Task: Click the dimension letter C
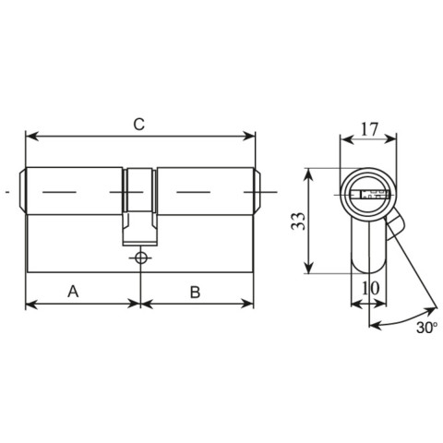[139, 124]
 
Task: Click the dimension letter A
[73, 292]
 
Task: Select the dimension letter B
[195, 292]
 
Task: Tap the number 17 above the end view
[369, 129]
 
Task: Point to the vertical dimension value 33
[298, 221]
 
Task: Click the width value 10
[370, 288]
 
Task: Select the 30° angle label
[426, 328]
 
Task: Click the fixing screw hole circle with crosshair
[141, 257]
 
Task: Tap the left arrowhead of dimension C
[32, 136]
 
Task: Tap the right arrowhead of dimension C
[249, 136]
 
